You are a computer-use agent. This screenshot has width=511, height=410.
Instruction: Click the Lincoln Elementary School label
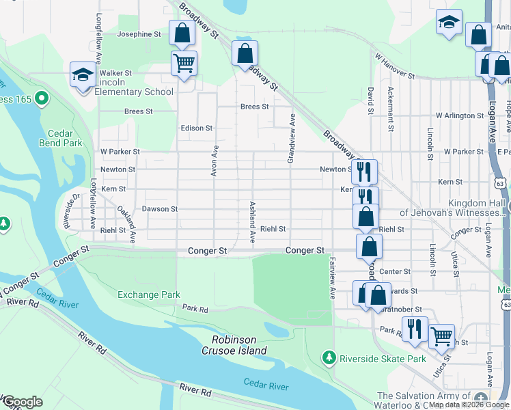point(134,92)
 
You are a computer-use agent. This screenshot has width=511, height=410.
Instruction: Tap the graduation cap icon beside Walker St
point(83,74)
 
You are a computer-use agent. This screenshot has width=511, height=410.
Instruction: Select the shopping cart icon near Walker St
point(184,64)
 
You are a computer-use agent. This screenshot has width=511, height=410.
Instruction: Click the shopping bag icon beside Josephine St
point(182,32)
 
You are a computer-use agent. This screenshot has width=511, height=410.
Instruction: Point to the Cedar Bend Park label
point(65,138)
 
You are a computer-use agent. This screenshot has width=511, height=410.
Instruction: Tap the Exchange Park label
point(149,295)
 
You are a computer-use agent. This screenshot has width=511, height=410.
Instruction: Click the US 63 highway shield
point(501,183)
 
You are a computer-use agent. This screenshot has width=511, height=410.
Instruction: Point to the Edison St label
point(197,128)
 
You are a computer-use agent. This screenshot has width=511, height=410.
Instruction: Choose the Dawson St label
point(159,209)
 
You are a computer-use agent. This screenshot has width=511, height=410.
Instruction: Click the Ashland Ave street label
point(252,223)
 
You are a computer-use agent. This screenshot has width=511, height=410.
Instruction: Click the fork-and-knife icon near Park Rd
point(414,329)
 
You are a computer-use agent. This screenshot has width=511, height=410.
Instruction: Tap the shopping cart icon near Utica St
point(441,336)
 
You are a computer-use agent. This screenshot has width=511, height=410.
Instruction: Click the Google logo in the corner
point(22,402)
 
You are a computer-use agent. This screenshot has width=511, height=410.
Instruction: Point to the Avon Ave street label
point(215,161)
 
